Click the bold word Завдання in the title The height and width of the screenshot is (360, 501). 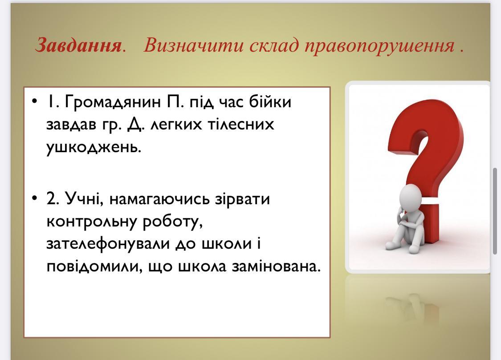point(78,45)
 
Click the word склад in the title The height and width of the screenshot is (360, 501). point(274,45)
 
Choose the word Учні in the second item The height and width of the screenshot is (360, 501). point(84,198)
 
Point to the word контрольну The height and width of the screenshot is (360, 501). point(92,222)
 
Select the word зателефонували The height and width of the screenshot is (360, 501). point(108,244)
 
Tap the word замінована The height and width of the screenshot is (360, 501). point(275,267)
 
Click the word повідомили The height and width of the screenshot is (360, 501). point(94,267)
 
